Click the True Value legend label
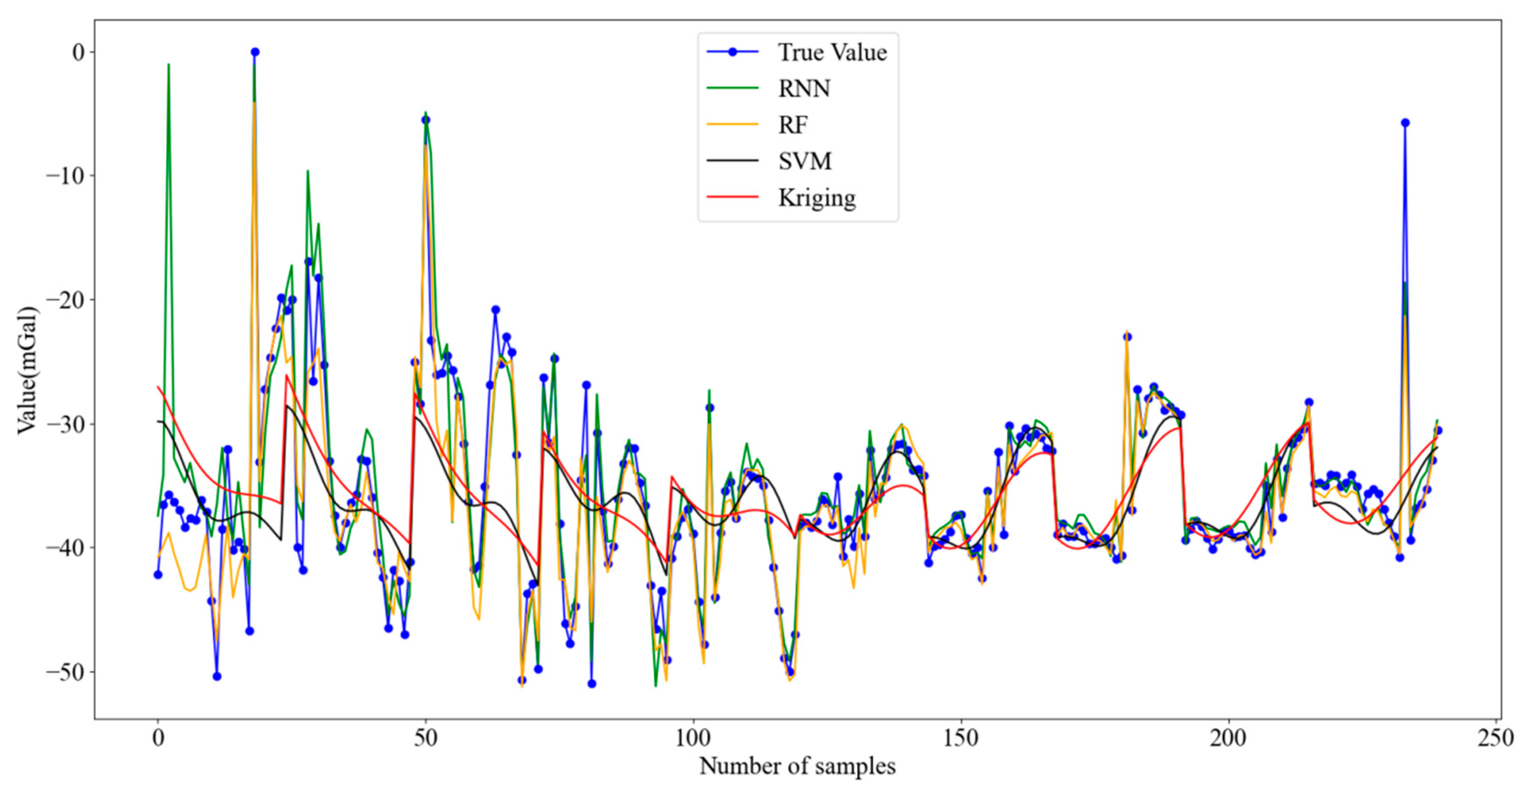tap(832, 53)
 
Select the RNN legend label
tap(804, 89)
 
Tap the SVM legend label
tap(805, 161)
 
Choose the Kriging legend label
tap(816, 198)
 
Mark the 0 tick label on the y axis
tap(78, 52)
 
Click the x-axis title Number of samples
tap(797, 766)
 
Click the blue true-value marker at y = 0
tap(255, 52)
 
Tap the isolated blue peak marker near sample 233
tap(1405, 123)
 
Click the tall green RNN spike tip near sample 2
tap(168, 65)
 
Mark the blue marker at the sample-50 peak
tap(425, 120)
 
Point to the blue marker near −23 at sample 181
tap(1127, 337)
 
